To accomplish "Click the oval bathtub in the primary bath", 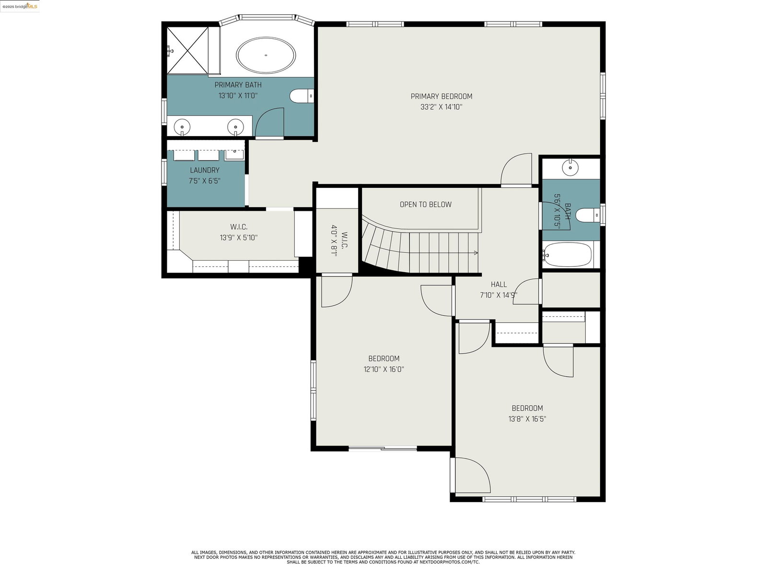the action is pyautogui.click(x=266, y=55).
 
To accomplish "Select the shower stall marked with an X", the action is pyautogui.click(x=187, y=51).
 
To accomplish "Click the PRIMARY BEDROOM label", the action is pyautogui.click(x=442, y=96).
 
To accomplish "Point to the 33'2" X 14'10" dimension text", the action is pyautogui.click(x=442, y=107).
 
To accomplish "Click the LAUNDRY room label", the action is pyautogui.click(x=204, y=171).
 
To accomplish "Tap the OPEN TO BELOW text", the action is pyautogui.click(x=426, y=205).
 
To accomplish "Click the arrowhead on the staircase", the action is pyautogui.click(x=476, y=253).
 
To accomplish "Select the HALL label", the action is pyautogui.click(x=499, y=285).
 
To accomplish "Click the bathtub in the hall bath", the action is pyautogui.click(x=568, y=254).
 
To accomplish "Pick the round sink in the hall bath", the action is pyautogui.click(x=570, y=168).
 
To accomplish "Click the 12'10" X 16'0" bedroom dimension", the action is pyautogui.click(x=383, y=369).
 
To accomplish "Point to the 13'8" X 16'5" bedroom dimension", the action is pyautogui.click(x=527, y=419).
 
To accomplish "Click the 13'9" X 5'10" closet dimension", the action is pyautogui.click(x=239, y=238).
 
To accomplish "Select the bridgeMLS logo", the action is pyautogui.click(x=20, y=6).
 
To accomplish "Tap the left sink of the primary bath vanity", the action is pyautogui.click(x=182, y=126).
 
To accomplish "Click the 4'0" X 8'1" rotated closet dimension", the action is pyautogui.click(x=334, y=241).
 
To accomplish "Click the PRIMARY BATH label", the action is pyautogui.click(x=238, y=85).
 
